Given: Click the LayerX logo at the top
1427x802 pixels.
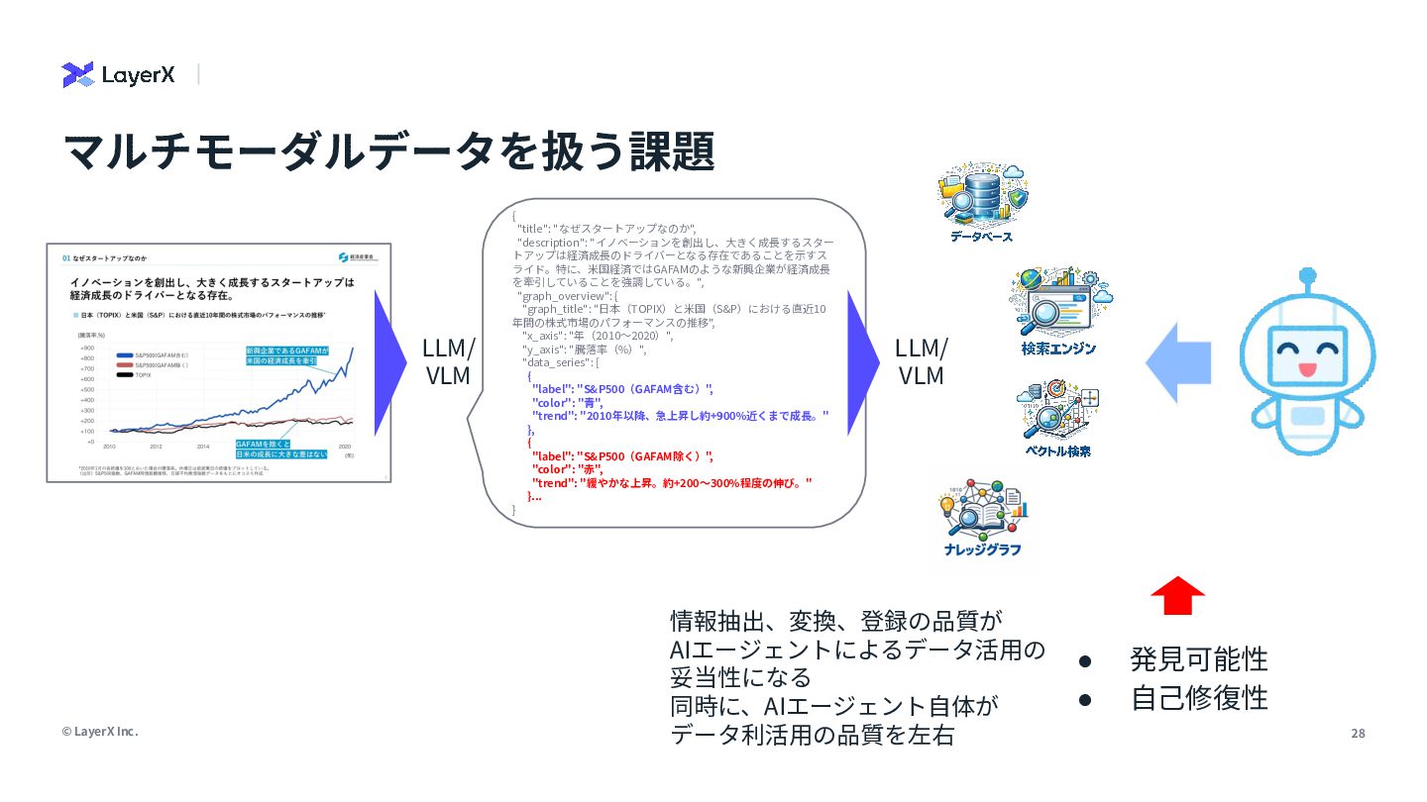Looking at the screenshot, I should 118,74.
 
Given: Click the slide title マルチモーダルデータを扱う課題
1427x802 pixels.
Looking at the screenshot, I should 388,151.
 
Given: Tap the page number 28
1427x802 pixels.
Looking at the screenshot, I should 1358,734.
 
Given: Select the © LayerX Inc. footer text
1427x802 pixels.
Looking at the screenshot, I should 100,732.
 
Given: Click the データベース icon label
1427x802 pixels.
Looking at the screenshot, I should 981,237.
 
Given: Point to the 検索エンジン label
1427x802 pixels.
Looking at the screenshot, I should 1058,349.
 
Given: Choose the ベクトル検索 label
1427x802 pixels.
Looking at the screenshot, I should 1057,451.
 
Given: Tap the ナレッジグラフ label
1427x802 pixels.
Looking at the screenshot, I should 982,550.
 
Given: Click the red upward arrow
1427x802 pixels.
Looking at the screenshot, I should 1177,595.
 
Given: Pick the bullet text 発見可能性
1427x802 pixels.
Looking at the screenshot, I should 1199,659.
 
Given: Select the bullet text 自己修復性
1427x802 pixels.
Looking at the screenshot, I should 1199,698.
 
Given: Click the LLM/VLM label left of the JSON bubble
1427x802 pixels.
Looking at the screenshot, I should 448,361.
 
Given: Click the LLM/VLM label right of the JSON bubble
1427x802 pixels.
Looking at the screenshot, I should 921,361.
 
